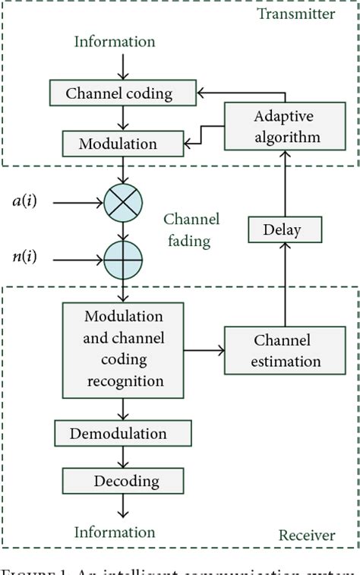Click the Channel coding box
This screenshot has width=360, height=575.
[x=119, y=93]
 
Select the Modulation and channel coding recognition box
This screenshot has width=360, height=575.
[x=123, y=350]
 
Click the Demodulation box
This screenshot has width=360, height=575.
[x=122, y=433]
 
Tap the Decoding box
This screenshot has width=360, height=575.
[x=122, y=480]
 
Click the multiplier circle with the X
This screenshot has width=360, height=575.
[x=123, y=203]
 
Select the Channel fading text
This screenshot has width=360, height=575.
[x=191, y=230]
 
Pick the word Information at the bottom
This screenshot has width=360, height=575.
[x=114, y=532]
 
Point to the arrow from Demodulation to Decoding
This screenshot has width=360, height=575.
[x=123, y=457]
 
